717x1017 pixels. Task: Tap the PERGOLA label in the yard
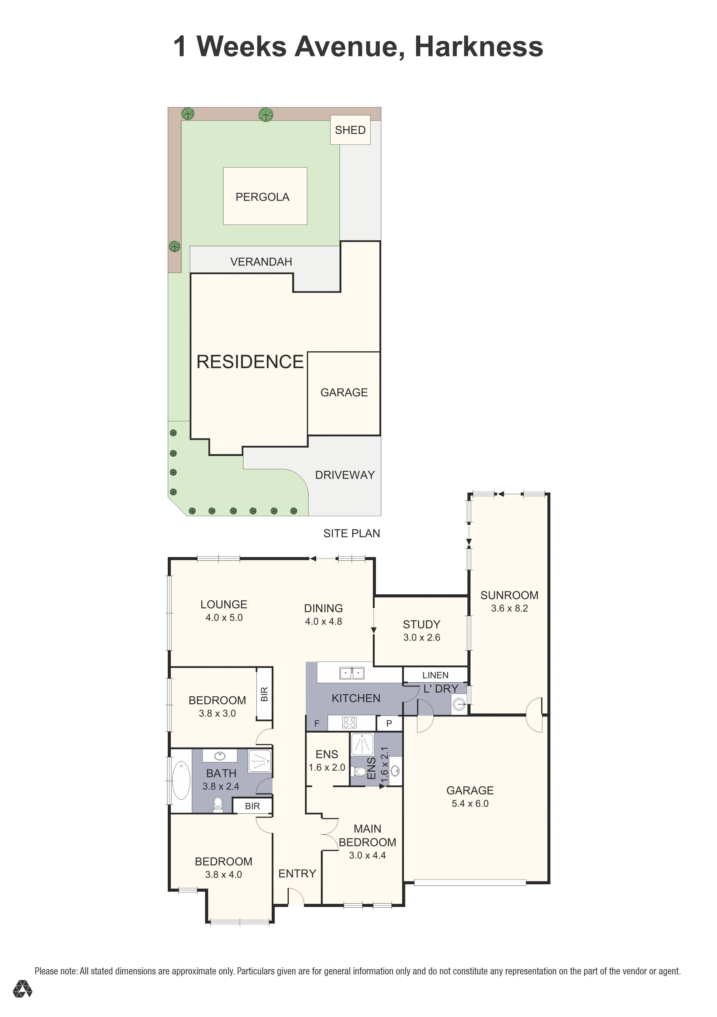[x=263, y=197]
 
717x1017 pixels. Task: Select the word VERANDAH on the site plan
[x=261, y=262]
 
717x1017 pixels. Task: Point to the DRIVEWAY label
[x=345, y=475]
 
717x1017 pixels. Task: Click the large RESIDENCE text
[x=250, y=362]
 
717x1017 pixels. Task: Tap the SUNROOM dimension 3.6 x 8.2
[x=509, y=608]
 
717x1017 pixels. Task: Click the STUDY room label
[x=422, y=624]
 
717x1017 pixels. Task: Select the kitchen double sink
[x=352, y=673]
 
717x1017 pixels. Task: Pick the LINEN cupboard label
[x=435, y=675]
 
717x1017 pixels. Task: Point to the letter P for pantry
[x=389, y=723]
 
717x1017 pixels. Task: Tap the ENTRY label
[x=297, y=873]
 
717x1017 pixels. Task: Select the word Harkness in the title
[x=479, y=47]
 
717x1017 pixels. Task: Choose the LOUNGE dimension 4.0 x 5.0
[x=224, y=618]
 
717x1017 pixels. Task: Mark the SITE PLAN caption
[x=352, y=533]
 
